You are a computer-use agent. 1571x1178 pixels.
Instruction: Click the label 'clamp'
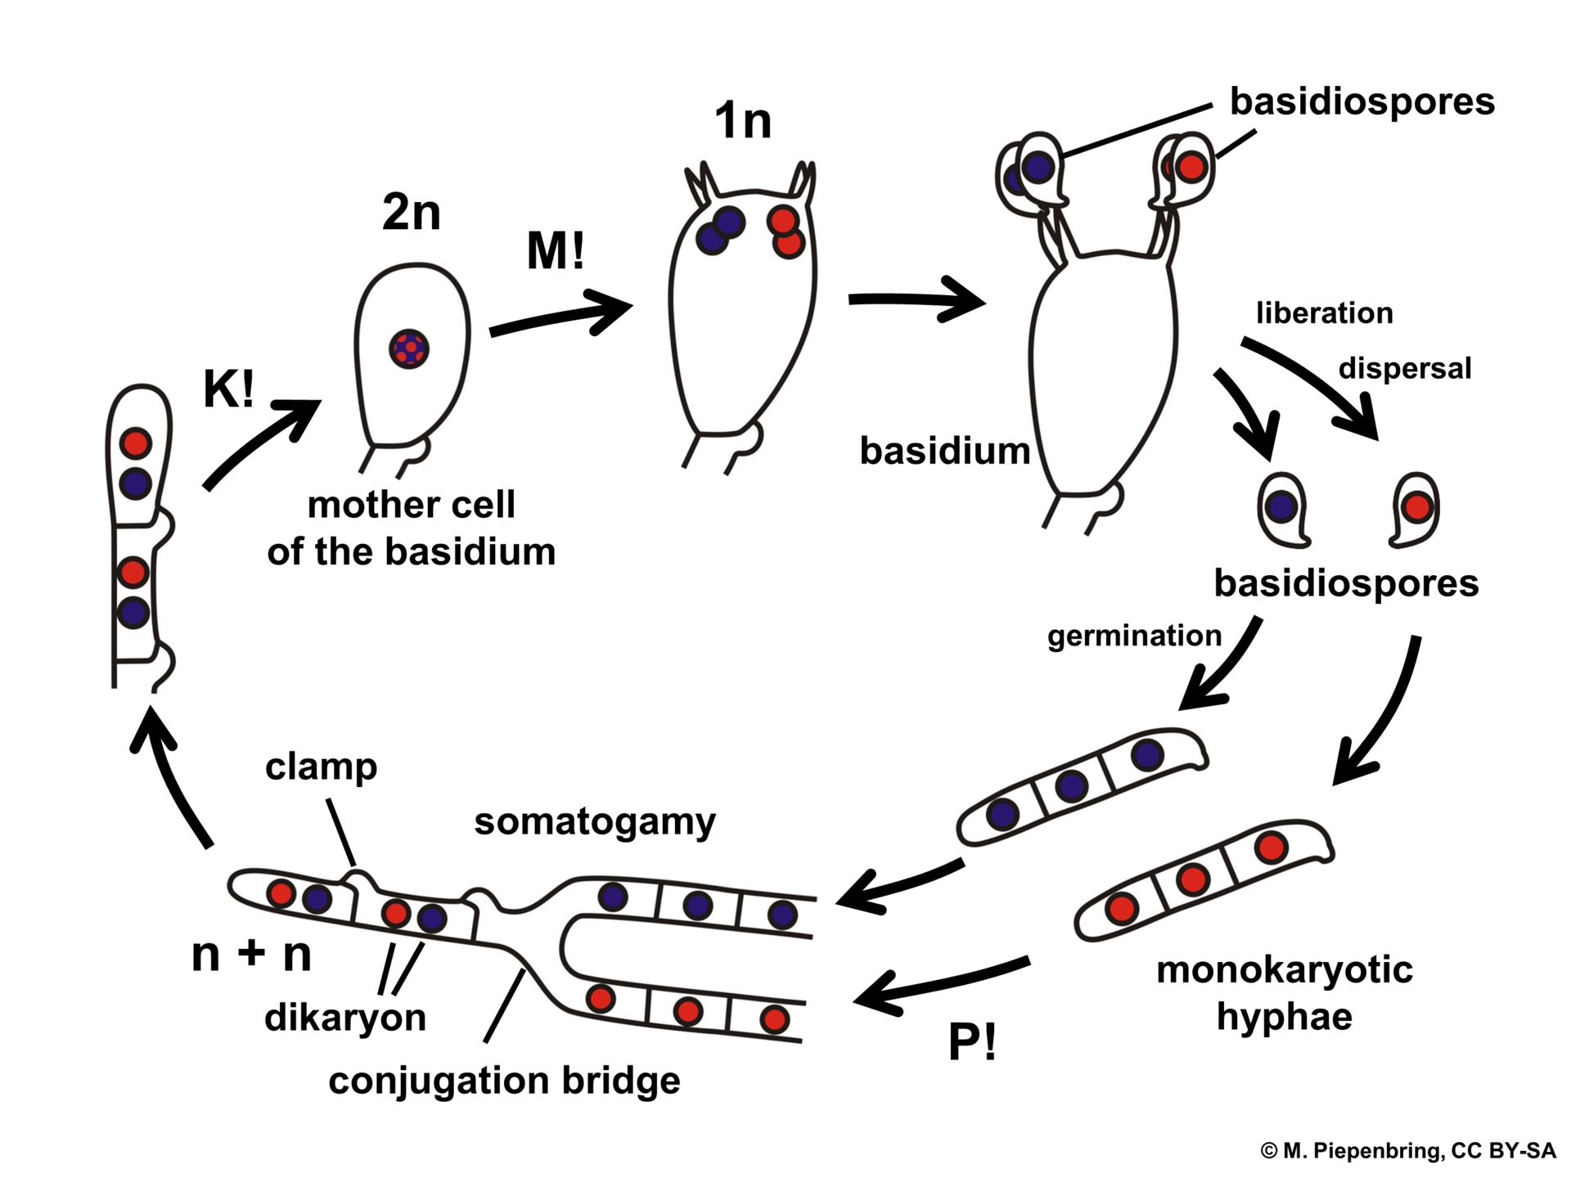coord(321,767)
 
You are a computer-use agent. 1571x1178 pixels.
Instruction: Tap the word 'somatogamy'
coord(595,821)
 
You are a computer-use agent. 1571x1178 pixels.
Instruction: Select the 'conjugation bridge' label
coord(504,1081)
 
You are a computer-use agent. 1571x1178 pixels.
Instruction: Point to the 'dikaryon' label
coord(345,1018)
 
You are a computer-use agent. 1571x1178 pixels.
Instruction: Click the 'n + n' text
coord(251,954)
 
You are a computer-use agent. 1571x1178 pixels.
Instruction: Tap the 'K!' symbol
coord(228,389)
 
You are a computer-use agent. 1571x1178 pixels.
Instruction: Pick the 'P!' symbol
coord(972,1042)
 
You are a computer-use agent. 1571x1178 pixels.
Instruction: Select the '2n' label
coord(411,213)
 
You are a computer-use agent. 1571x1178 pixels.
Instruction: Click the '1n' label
coord(742,121)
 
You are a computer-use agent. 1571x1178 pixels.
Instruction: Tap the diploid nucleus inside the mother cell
coord(409,349)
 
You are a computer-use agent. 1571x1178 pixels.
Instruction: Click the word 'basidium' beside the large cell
coord(944,452)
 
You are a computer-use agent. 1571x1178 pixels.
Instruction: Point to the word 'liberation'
coord(1324,313)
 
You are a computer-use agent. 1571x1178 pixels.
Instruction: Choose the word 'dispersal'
coord(1405,368)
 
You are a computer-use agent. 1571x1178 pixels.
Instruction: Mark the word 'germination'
coord(1134,636)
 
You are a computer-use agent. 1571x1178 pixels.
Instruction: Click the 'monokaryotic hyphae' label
coord(1284,992)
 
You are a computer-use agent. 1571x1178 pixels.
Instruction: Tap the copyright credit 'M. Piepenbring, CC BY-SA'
coord(1407,1151)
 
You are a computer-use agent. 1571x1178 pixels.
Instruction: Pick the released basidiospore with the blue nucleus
coord(1282,509)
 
